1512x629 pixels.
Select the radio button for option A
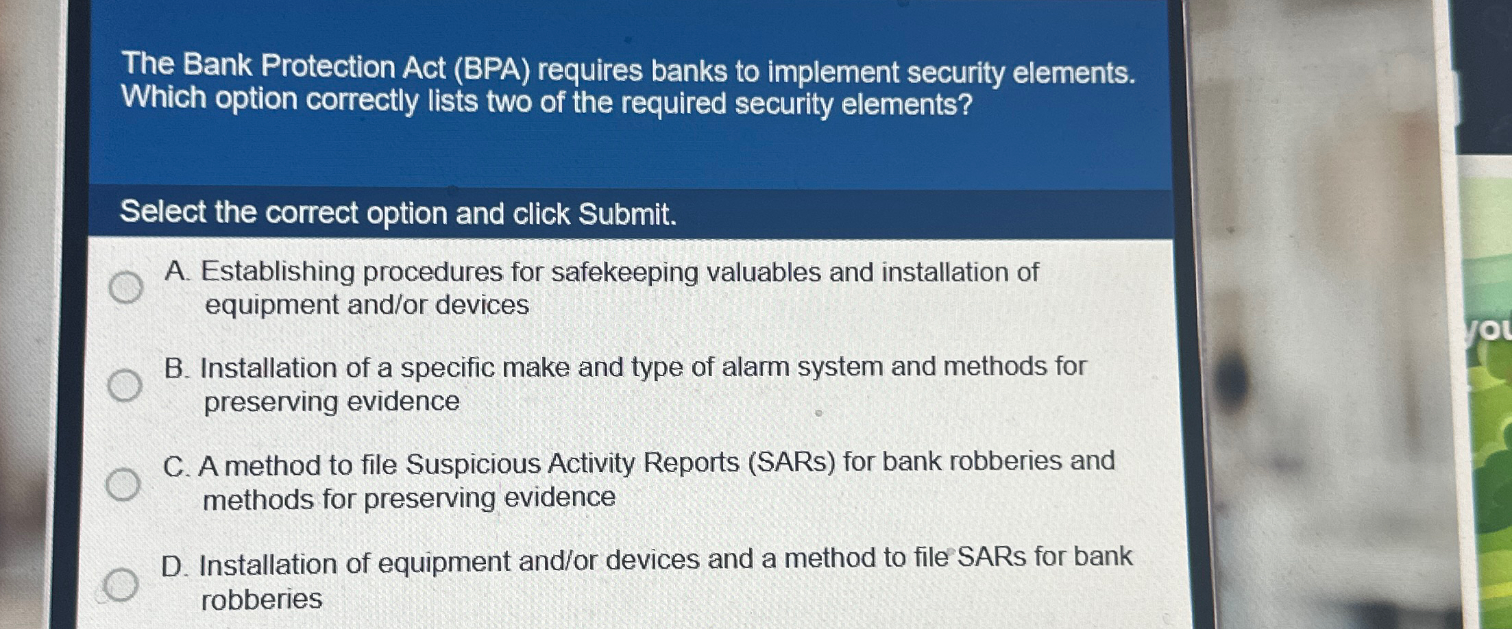126,286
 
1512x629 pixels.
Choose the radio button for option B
125,385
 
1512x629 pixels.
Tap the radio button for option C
123,484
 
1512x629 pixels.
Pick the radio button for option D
121,584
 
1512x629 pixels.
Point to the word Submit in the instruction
626,214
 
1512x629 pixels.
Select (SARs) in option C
792,463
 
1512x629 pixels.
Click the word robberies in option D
261,600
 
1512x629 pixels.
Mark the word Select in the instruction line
163,212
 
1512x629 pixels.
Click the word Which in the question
164,97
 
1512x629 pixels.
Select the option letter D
174,567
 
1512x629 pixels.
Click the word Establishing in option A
278,272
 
